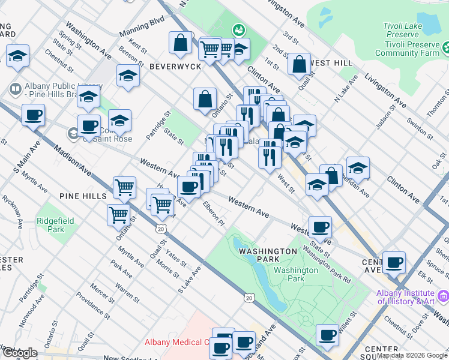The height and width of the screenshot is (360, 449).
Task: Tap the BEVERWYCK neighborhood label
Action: (x=175, y=66)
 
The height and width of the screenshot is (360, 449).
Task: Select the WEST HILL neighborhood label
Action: (x=331, y=63)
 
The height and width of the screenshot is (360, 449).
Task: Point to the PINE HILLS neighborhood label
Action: (x=83, y=196)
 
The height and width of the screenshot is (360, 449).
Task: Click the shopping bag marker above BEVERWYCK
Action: (x=181, y=44)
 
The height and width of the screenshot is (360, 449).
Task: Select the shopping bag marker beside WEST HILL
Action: (x=299, y=65)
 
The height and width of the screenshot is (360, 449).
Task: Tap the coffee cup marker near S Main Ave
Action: (x=33, y=115)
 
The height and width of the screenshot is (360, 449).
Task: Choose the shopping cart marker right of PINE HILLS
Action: (x=124, y=187)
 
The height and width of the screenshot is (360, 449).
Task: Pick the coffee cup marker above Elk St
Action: (x=394, y=262)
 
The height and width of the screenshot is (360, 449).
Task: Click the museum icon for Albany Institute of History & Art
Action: (x=443, y=296)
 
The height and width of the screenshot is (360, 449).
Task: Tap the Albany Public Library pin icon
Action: (x=15, y=90)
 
